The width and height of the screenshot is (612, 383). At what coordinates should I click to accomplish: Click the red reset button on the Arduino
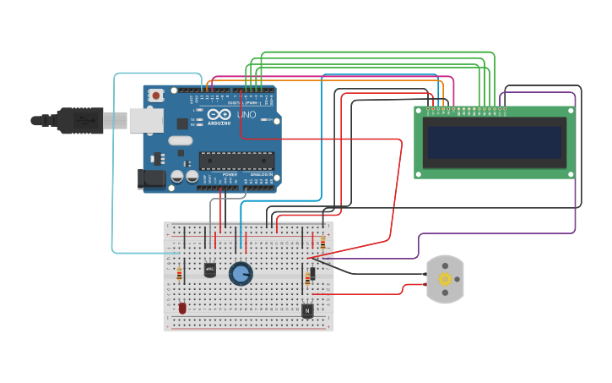[x=156, y=96]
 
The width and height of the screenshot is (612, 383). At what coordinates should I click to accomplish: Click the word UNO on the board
[x=246, y=115]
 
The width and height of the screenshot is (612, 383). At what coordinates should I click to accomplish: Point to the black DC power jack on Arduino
[x=152, y=178]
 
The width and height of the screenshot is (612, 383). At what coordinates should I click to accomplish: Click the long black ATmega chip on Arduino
[x=236, y=160]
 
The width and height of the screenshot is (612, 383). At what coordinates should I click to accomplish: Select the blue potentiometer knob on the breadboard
[x=241, y=273]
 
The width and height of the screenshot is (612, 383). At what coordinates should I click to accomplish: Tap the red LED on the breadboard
[x=182, y=308]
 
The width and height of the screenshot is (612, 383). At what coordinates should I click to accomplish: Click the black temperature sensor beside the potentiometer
[x=209, y=270]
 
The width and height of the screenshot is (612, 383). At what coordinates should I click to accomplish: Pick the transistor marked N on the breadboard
[x=307, y=311]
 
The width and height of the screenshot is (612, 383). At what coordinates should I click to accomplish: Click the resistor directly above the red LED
[x=179, y=272]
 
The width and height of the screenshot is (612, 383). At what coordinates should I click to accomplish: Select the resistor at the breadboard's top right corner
[x=322, y=243]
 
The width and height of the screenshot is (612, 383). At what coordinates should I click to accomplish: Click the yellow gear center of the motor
[x=444, y=279]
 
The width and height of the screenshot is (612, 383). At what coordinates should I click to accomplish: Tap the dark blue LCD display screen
[x=494, y=142]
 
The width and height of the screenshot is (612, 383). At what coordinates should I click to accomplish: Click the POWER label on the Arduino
[x=230, y=174]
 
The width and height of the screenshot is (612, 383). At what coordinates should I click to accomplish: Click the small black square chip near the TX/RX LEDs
[x=182, y=123]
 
